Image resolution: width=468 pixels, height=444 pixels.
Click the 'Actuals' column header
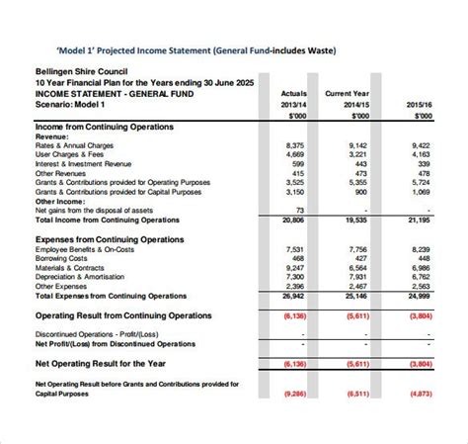point(293,92)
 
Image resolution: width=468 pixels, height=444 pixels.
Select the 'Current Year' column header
point(347,92)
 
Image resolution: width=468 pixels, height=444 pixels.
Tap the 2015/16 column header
point(419,103)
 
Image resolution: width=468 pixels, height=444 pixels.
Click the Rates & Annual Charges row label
point(75,145)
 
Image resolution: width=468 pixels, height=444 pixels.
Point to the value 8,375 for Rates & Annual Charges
point(293,145)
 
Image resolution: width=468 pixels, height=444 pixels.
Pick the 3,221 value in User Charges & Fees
point(357,154)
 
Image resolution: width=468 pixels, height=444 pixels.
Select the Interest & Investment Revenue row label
point(83,163)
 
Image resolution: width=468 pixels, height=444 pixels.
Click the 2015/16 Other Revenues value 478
point(423,173)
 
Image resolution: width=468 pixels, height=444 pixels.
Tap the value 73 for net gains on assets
point(299,211)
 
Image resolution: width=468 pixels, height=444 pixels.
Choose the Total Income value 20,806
point(292,220)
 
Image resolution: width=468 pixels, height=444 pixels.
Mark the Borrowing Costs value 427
point(360,259)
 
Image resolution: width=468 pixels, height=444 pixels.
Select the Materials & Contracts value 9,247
point(293,268)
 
